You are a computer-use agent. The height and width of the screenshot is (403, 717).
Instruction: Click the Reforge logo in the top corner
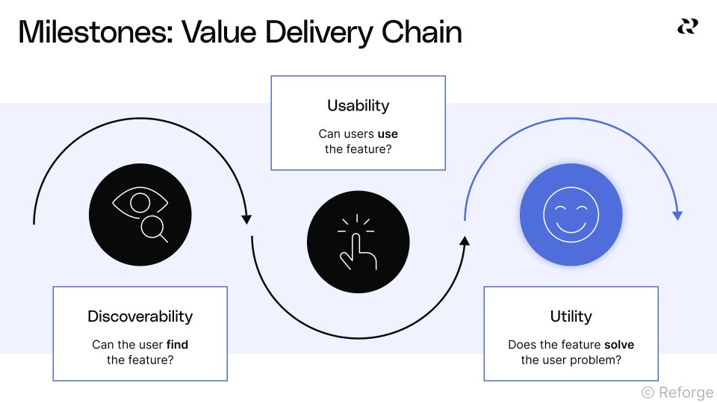(687, 26)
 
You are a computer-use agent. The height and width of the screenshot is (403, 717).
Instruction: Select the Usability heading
(358, 106)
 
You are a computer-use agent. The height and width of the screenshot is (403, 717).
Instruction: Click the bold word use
(388, 134)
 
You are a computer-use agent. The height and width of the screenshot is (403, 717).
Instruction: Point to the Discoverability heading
(140, 316)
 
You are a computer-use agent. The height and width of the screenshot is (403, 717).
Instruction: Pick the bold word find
(177, 345)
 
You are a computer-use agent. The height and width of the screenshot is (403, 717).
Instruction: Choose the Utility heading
(571, 316)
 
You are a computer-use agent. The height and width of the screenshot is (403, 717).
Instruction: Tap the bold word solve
(619, 345)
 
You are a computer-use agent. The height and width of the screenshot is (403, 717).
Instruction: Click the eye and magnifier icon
(140, 215)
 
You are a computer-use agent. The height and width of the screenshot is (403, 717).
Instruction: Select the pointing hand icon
(358, 243)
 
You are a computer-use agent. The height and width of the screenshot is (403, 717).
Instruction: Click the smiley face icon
(571, 215)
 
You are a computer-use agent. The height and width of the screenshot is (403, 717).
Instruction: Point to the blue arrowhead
(677, 216)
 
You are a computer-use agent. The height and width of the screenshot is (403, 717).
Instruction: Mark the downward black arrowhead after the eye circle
(246, 219)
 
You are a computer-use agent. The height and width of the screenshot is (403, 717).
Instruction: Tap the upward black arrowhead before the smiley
(465, 240)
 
